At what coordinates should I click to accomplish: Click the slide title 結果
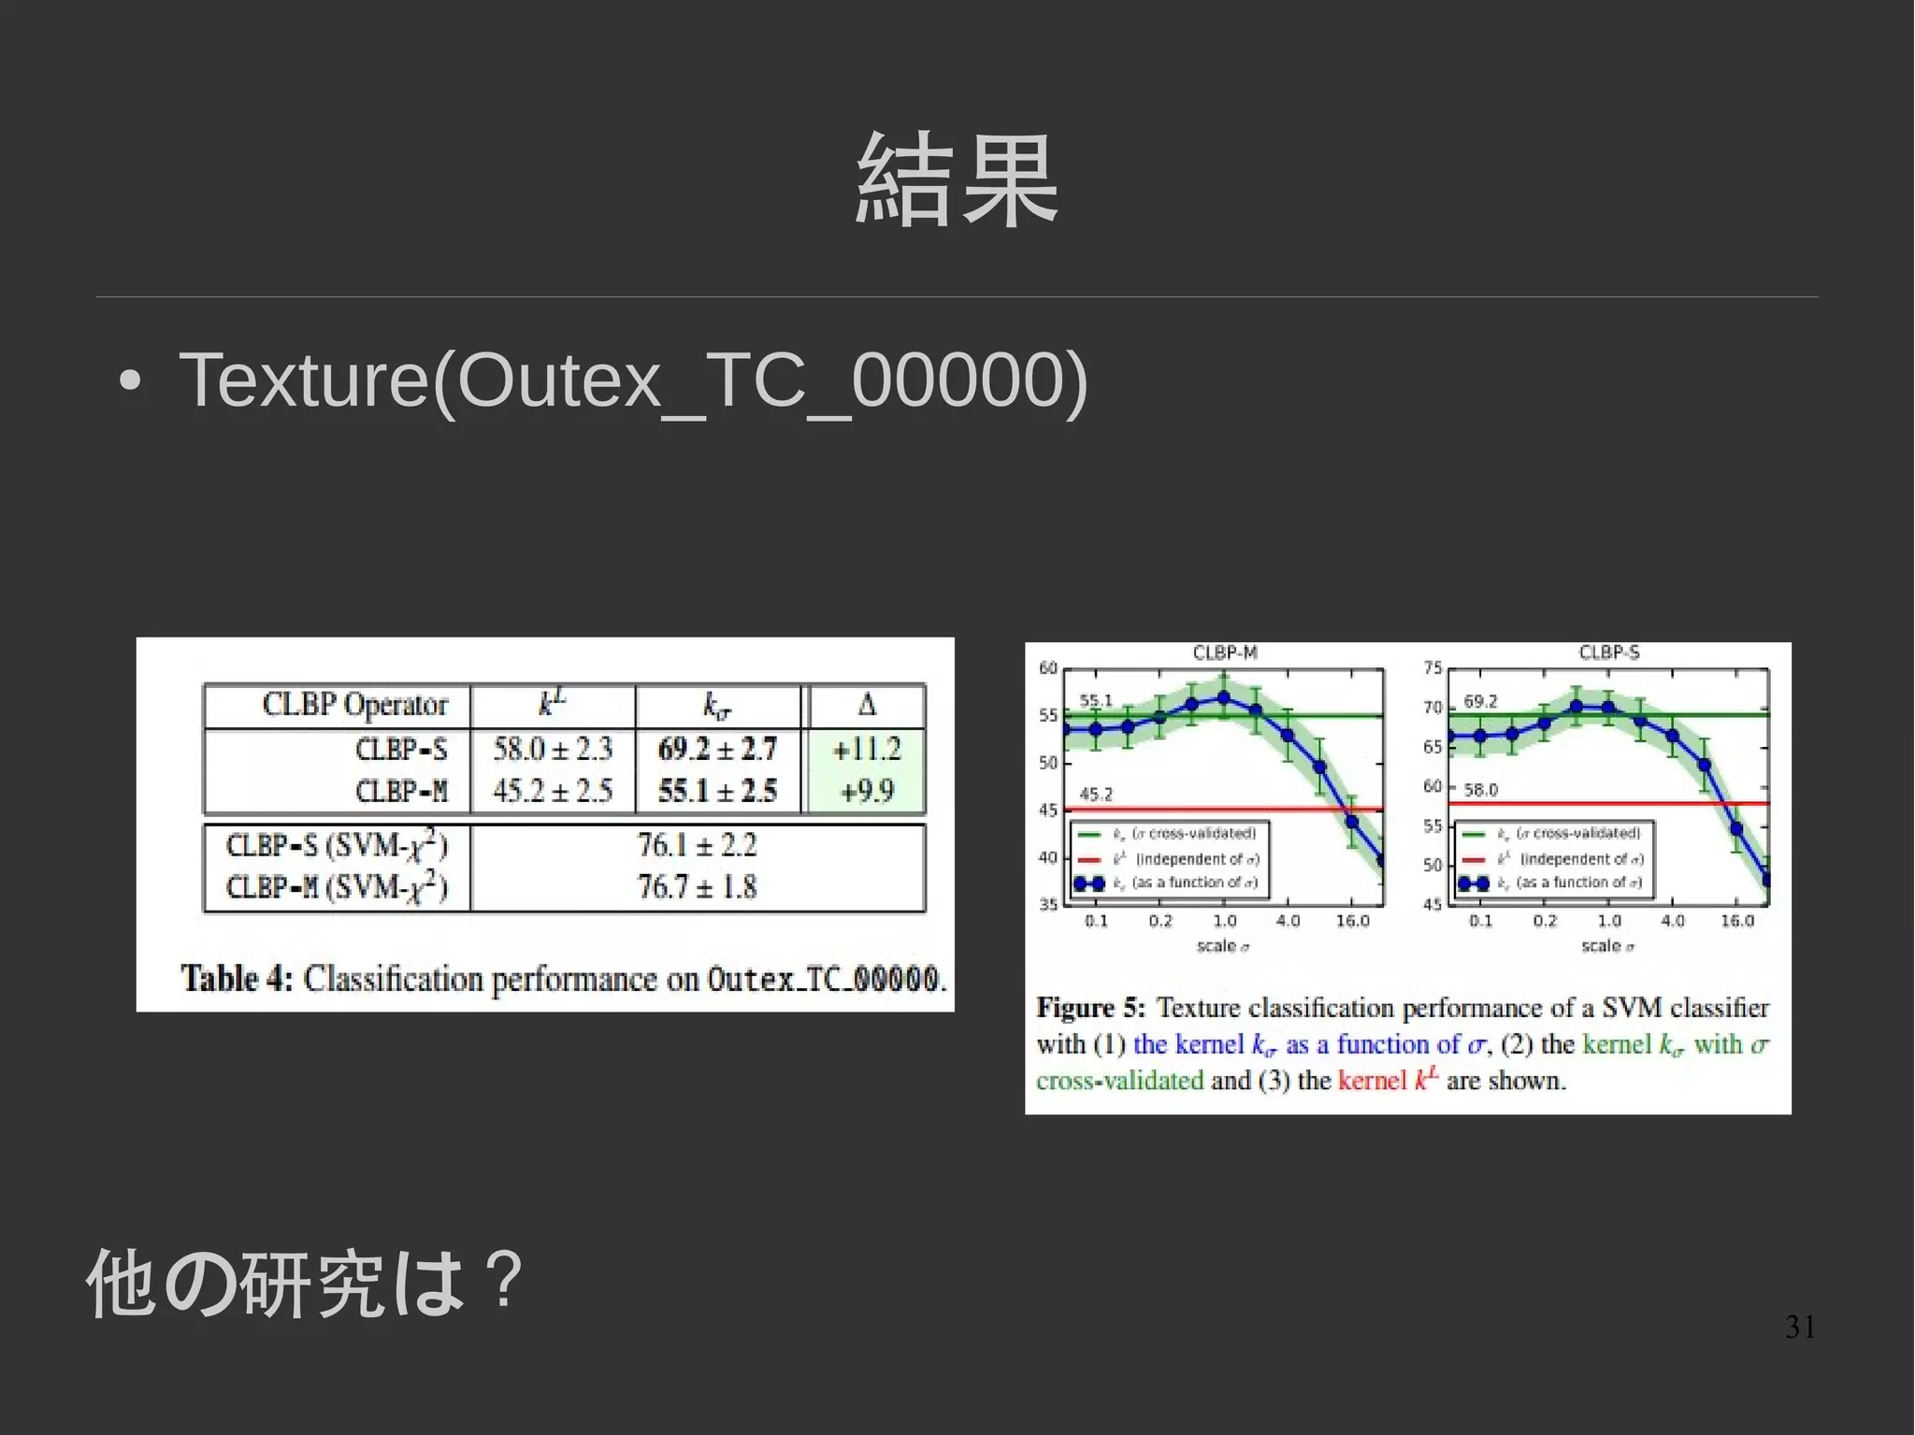[x=957, y=179]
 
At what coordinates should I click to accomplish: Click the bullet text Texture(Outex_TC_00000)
[x=633, y=380]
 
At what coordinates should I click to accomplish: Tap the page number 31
[x=1800, y=1327]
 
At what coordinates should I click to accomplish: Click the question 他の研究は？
[x=305, y=1283]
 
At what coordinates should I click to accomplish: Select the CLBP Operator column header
[x=354, y=705]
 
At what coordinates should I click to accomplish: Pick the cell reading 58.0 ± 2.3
[x=553, y=749]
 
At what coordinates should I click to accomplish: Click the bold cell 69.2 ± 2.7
[x=717, y=749]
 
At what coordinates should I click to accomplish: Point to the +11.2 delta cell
[x=867, y=749]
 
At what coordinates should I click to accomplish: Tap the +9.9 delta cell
[x=867, y=792]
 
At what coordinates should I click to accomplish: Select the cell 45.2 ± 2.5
[x=553, y=792]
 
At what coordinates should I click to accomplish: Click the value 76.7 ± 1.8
[x=697, y=886]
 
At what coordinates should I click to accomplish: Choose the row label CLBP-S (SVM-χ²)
[x=337, y=845]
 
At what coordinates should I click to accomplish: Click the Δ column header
[x=867, y=704]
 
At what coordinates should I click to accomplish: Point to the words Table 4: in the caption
[x=237, y=979]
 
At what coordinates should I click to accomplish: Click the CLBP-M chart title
[x=1225, y=653]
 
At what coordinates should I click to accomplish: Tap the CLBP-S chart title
[x=1609, y=653]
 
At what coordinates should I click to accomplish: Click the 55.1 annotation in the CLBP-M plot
[x=1096, y=700]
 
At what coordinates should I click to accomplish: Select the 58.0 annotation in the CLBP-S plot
[x=1480, y=790]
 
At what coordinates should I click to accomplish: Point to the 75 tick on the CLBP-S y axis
[x=1433, y=667]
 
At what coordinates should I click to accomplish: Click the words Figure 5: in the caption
[x=1090, y=1008]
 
